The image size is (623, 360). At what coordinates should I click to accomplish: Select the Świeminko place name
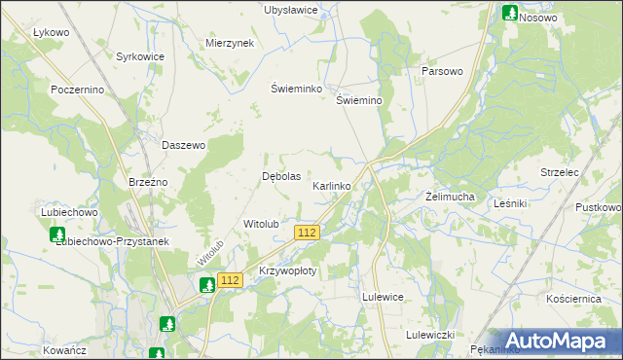296,88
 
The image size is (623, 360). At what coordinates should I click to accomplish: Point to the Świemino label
359,100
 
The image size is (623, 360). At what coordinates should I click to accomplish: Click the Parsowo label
441,72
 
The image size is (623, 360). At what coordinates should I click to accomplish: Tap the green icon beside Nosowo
509,13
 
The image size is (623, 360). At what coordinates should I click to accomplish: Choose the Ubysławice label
292,10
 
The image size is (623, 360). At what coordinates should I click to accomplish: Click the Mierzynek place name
230,44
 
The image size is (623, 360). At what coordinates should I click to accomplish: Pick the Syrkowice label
140,57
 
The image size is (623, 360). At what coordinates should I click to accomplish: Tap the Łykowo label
51,32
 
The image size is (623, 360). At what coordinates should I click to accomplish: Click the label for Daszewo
183,145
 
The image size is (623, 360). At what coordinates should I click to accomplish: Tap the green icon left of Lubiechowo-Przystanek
56,234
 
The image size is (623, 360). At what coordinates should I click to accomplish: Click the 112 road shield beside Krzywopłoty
230,280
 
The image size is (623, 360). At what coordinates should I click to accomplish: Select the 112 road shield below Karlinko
307,232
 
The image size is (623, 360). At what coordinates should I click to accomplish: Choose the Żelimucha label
450,197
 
